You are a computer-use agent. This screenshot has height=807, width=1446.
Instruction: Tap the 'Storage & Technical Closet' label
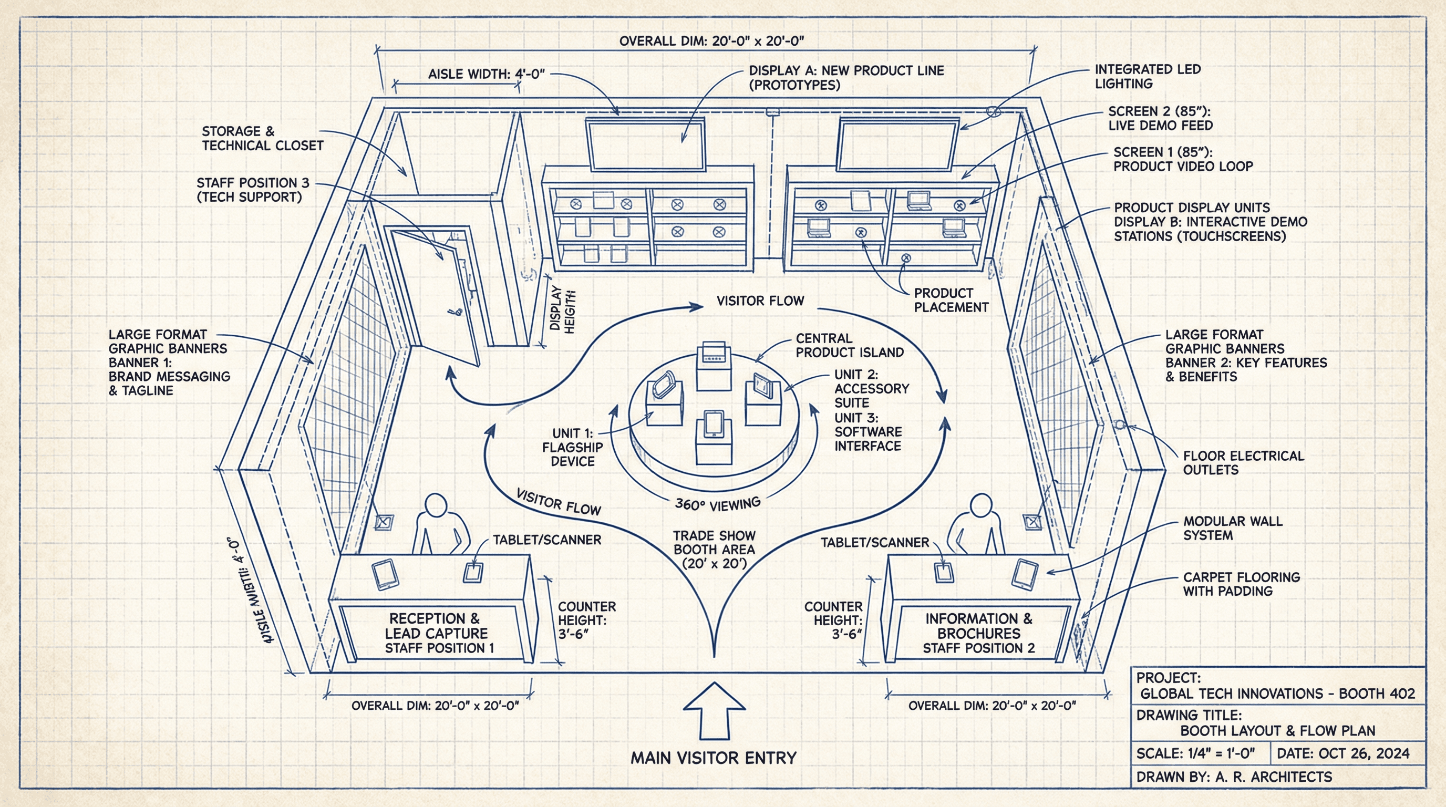coord(262,139)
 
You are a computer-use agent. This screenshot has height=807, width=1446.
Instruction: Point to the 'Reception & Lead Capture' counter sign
coord(436,633)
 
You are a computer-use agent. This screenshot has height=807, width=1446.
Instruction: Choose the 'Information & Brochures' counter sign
coord(978,633)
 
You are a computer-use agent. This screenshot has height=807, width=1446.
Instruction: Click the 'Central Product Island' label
coord(849,345)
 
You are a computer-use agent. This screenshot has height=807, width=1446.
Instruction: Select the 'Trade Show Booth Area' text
coord(714,550)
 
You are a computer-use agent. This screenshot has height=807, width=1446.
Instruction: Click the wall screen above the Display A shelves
coord(646,145)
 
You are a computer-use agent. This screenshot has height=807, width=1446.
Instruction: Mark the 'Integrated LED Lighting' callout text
coord(1147,77)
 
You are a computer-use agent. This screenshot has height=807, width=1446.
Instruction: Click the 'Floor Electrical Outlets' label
coord(1243,463)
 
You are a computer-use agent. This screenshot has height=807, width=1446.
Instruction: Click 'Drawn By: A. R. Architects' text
coord(1233,777)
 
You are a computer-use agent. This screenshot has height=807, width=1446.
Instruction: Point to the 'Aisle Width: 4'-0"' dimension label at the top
coord(486,74)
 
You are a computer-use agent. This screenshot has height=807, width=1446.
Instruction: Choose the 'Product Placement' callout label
coord(951,300)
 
